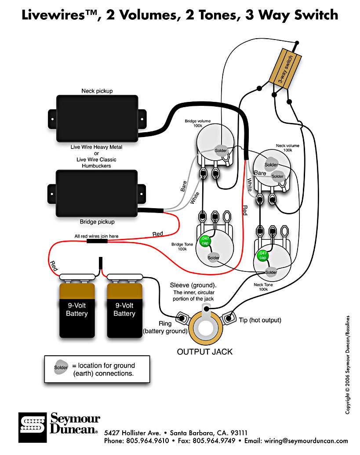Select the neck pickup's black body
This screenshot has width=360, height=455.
click(97, 119)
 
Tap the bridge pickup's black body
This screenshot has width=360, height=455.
click(97, 193)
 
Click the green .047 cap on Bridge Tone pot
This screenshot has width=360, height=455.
click(205, 241)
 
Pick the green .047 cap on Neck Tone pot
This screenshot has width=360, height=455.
click(262, 255)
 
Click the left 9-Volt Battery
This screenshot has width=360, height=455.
click(77, 311)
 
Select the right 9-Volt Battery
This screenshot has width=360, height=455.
click(124, 311)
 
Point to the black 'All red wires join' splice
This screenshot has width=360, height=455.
click(97, 241)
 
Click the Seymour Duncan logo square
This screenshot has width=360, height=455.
click(33, 427)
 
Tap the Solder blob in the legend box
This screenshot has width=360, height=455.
click(61, 367)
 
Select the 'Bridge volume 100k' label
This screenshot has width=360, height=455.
click(198, 123)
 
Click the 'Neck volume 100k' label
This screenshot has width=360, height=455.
click(287, 148)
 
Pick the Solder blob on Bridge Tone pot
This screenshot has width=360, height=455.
click(213, 258)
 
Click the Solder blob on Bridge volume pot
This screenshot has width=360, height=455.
click(221, 150)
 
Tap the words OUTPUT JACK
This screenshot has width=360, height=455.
click(205, 352)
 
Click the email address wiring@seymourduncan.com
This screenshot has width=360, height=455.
click(306, 441)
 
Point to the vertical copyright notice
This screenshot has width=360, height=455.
click(348, 365)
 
